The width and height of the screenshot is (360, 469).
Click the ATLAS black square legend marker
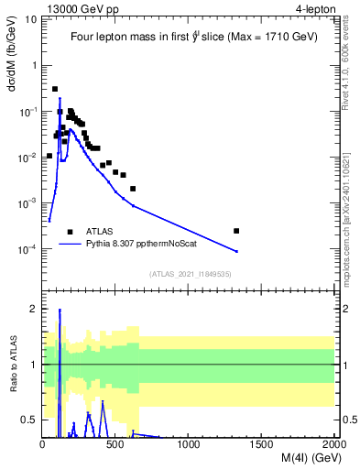point(70,232)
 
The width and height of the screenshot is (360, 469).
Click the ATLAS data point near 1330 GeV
point(236,231)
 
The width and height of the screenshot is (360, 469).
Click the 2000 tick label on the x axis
point(334,446)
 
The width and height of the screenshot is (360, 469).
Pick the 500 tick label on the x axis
point(115,446)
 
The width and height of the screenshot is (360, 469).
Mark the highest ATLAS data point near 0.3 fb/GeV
point(55,89)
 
